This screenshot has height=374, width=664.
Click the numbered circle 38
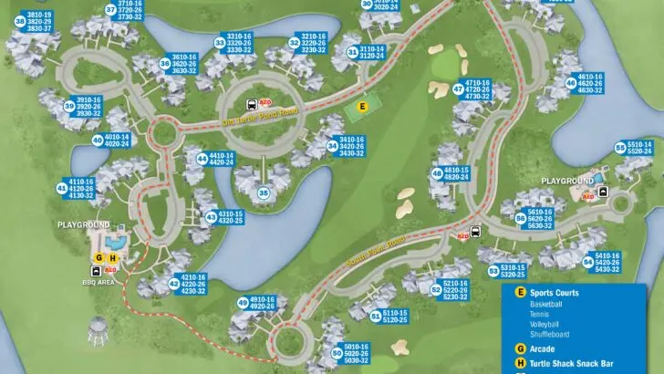[20, 21]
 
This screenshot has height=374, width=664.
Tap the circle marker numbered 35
[264, 192]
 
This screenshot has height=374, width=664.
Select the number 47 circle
[459, 88]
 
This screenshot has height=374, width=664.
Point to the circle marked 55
[619, 147]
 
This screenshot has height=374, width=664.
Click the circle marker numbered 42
[173, 284]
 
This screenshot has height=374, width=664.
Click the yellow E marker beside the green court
[362, 106]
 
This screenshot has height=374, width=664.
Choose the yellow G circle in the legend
[520, 348]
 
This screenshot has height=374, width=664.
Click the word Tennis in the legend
[539, 313]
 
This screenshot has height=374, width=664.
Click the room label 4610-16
[590, 77]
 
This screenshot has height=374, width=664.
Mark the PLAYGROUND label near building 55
[567, 181]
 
